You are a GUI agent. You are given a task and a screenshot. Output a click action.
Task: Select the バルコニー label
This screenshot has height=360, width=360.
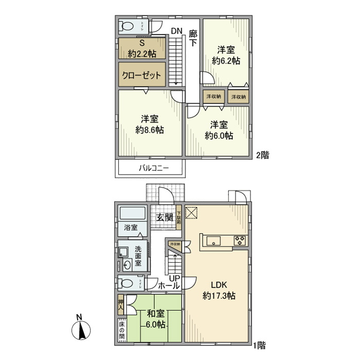(x=151, y=168)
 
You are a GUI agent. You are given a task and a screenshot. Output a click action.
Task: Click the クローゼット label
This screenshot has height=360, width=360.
(x=141, y=75)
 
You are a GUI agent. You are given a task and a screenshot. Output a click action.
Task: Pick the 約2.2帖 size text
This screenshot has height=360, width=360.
(x=141, y=53)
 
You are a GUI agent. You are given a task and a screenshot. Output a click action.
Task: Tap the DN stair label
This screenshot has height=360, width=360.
(x=176, y=31)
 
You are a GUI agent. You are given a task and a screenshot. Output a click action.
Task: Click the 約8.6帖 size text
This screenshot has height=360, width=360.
(x=150, y=131)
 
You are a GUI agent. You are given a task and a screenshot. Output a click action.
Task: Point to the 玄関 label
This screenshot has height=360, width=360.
(x=164, y=218)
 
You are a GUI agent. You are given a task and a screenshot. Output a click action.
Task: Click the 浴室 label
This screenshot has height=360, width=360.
(x=131, y=228)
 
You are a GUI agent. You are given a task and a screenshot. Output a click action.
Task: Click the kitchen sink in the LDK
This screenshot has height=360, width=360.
(x=212, y=240)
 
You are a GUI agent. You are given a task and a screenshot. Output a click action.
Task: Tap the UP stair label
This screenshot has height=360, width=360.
(x=175, y=278)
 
